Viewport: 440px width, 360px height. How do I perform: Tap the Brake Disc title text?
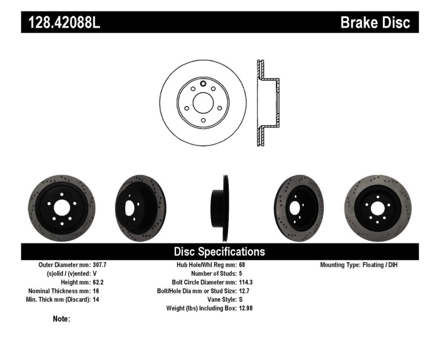pyautogui.click(x=375, y=23)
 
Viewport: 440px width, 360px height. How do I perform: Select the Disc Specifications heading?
pyautogui.click(x=219, y=252)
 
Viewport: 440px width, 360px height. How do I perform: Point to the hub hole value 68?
pyautogui.click(x=243, y=264)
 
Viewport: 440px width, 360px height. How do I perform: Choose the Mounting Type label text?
pyautogui.click(x=340, y=264)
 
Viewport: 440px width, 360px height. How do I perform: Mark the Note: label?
pyautogui.click(x=61, y=319)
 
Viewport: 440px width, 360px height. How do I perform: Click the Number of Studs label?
pyautogui.click(x=213, y=273)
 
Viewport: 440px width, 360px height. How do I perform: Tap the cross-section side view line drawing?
pyautogui.click(x=267, y=102)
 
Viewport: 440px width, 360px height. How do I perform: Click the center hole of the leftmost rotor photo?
pyautogui.click(x=61, y=208)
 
